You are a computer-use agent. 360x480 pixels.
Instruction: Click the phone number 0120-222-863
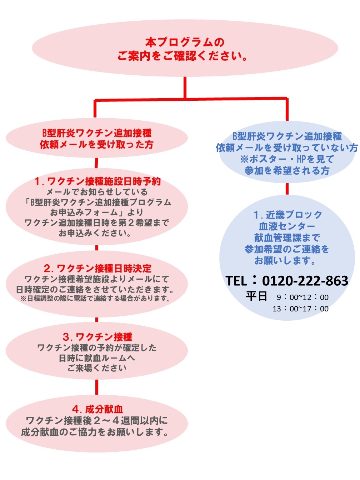pos(305,281)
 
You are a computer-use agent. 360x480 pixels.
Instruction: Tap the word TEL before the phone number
pos(236,281)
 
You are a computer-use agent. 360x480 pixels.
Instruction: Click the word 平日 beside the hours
pos(256,296)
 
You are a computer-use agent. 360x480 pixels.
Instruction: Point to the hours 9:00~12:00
pos(302,297)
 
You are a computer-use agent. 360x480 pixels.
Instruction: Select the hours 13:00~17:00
pos(300,309)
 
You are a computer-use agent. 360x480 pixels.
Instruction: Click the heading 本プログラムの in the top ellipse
pos(185,42)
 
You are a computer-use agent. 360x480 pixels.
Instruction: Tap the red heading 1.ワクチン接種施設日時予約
pos(97,181)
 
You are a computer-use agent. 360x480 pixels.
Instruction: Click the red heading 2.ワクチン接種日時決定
pos(97,268)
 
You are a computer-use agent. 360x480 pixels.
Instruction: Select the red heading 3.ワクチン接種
pos(97,337)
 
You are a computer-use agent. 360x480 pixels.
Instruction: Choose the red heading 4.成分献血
pos(97,409)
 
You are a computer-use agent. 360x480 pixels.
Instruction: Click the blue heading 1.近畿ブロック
pos(287,215)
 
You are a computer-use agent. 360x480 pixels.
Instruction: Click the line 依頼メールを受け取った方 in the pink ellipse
pos(96,145)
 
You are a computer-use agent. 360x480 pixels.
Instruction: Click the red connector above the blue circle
pos(287,189)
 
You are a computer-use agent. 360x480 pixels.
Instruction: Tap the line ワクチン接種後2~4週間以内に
pos(97,421)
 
